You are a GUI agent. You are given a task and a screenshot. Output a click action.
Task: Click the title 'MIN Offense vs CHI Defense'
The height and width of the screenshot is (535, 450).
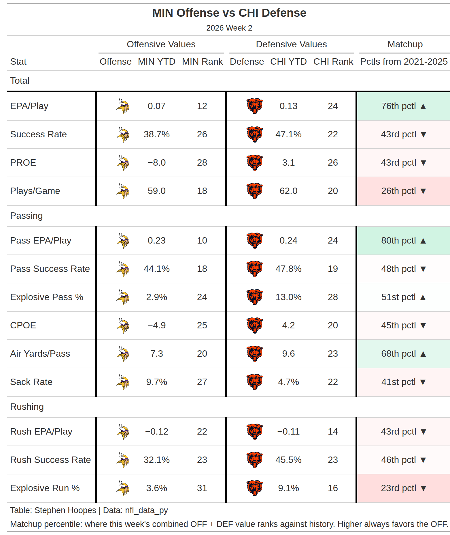pos(229,13)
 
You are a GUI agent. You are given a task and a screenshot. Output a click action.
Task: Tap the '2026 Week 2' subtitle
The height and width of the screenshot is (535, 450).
pos(229,28)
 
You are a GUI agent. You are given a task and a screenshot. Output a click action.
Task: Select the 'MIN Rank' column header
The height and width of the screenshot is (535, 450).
pos(202,61)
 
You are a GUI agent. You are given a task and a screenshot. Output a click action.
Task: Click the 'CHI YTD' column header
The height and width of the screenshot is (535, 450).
pos(288,61)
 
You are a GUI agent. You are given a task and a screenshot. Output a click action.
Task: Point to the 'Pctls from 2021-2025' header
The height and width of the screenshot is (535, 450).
pos(404,61)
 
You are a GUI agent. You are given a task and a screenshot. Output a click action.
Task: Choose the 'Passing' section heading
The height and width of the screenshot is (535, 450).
pos(27,216)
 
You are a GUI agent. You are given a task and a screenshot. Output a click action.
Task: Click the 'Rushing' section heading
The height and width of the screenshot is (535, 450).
pos(27,407)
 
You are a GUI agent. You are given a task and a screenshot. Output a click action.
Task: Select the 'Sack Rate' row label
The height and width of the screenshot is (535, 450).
pos(31,382)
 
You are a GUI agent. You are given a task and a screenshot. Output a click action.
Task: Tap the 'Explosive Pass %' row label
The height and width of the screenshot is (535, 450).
pos(47,297)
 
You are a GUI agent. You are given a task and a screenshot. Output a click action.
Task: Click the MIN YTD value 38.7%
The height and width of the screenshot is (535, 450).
pos(157,134)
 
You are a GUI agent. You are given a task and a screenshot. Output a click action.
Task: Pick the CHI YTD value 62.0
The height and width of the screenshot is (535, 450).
pos(288,191)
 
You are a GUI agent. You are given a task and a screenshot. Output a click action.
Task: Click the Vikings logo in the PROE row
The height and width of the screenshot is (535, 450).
pos(123,162)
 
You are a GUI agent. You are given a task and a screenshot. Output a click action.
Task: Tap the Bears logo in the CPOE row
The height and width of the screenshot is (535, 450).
pos(255,325)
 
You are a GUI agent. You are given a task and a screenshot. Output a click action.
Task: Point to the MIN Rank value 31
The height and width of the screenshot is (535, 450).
pos(202,488)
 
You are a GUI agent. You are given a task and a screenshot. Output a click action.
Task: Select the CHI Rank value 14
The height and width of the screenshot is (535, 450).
pos(333,431)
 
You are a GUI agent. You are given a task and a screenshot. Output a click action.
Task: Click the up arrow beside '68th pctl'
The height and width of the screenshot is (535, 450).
pos(423,354)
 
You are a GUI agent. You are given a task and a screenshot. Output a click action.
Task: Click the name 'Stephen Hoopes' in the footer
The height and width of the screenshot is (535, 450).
pos(65,510)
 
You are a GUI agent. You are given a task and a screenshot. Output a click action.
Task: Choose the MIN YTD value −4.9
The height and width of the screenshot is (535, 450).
pos(157,325)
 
